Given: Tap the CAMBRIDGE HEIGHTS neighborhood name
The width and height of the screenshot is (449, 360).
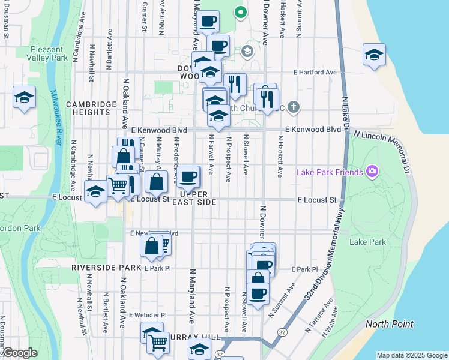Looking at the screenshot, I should (x=91, y=109).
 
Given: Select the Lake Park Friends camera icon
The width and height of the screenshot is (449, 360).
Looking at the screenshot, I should (x=372, y=173).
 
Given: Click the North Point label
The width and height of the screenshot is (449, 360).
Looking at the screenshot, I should (x=390, y=324).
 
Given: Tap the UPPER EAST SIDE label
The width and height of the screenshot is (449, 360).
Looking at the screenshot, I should (x=194, y=199).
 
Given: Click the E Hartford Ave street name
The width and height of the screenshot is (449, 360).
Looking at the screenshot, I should (x=315, y=73).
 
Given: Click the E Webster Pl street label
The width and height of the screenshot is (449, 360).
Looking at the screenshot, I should (x=147, y=314).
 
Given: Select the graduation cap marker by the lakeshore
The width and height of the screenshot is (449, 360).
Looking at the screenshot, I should (x=374, y=55).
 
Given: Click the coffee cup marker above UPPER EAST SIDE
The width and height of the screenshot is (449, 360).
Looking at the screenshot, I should (x=188, y=176).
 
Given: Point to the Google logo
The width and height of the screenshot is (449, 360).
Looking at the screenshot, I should (x=19, y=353).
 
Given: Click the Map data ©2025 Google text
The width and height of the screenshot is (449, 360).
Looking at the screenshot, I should (x=412, y=355).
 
